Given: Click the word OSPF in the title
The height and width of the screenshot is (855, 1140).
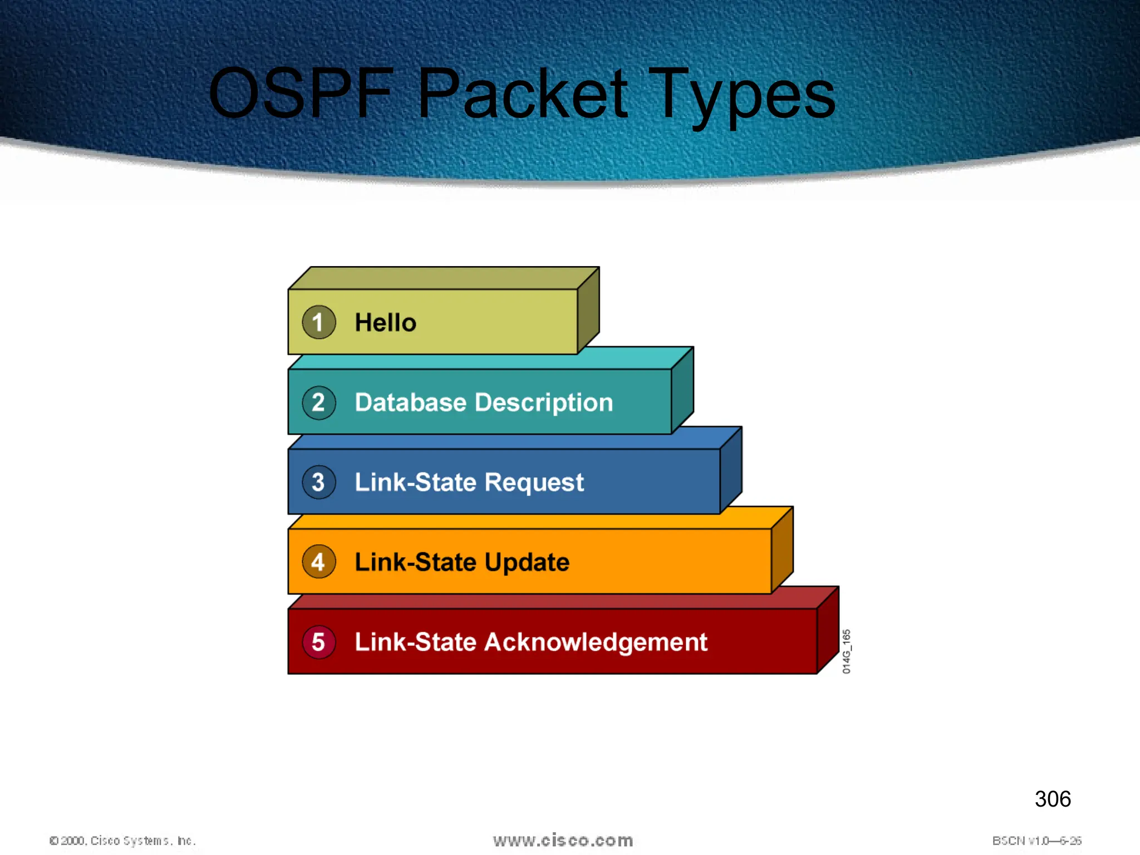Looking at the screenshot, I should pos(301,94).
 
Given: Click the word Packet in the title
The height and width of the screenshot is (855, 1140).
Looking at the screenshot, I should pos(523,94).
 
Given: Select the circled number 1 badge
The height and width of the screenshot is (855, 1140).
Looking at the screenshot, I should pos(318,322).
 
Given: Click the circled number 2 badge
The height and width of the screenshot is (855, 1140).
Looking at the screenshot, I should pos(318,402).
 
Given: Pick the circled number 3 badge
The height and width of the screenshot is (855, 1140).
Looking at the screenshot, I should pos(318,482).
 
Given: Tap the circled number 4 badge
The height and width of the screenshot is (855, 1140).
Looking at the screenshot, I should pos(318,562).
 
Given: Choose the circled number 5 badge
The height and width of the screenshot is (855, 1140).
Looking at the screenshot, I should pos(318,642).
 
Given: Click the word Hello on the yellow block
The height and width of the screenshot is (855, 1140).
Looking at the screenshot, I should pos(385,322).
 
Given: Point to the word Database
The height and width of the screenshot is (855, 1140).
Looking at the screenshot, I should pos(410,402).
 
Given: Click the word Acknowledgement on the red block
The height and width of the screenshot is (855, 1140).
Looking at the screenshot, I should pos(596,642).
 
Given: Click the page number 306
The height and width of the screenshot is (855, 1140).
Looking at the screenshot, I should pos(1052,799).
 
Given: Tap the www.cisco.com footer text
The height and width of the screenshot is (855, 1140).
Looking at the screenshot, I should pos(563,840).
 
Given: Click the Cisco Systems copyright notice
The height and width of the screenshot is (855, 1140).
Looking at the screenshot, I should pos(122,841).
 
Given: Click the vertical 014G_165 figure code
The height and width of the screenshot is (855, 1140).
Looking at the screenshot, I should pos(846,651).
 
